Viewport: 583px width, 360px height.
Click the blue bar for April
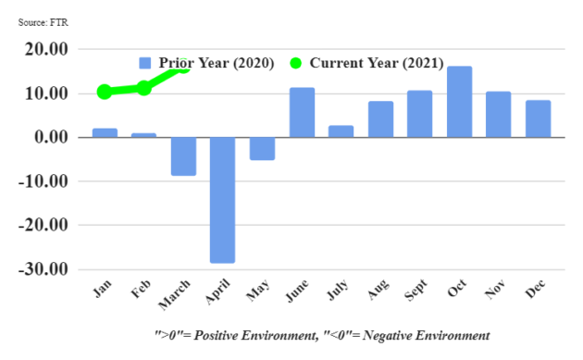(222, 200)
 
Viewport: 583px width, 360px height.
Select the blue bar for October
(460, 102)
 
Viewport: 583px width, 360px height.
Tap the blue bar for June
(302, 113)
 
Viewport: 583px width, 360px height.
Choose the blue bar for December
(539, 118)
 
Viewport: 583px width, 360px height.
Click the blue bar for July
(341, 131)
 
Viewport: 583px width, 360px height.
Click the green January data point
(105, 92)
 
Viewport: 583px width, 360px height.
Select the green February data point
(144, 88)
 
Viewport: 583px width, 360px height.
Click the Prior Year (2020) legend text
(217, 63)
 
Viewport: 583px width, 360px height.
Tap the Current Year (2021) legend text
(376, 63)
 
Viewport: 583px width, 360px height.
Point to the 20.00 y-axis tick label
(45, 50)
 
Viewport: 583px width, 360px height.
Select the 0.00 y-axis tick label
(49, 138)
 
